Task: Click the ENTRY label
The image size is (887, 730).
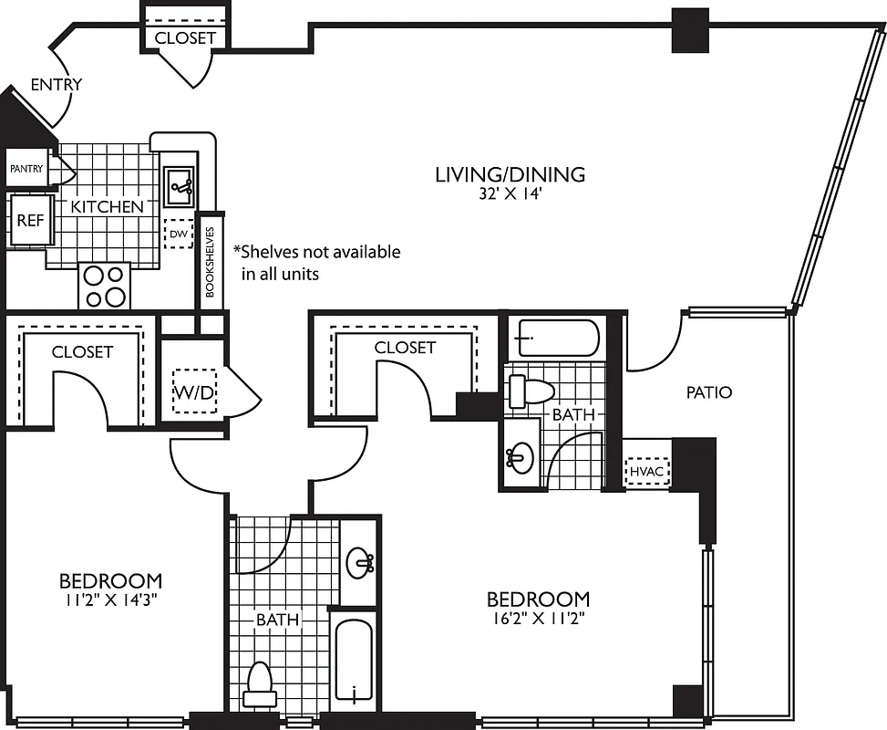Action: click(x=56, y=85)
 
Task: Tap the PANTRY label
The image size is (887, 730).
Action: click(x=26, y=169)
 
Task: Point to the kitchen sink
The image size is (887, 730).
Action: click(x=179, y=187)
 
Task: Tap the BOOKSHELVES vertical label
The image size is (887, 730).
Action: click(x=210, y=263)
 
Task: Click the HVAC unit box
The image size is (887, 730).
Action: click(x=647, y=471)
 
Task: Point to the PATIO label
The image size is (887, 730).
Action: click(x=709, y=392)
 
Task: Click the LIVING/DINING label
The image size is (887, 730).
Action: click(x=509, y=174)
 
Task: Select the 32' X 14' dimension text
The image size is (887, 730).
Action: click(x=509, y=193)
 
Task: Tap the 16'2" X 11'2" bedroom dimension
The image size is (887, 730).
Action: click(x=538, y=618)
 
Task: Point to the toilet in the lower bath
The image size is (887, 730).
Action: click(x=260, y=684)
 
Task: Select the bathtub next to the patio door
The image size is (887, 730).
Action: click(x=553, y=338)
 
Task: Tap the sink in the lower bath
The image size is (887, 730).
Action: click(x=361, y=560)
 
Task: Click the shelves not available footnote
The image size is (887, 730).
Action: click(x=316, y=262)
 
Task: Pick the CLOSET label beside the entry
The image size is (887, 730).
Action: click(x=185, y=37)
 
